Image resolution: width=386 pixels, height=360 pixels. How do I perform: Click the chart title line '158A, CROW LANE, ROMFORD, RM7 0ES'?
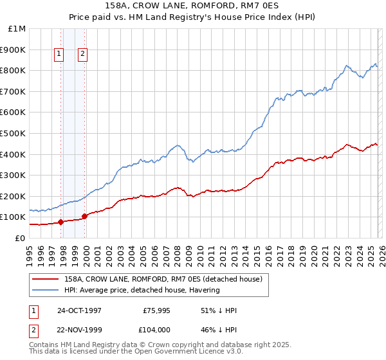point(193,6)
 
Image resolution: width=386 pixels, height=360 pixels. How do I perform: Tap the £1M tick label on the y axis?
point(17,29)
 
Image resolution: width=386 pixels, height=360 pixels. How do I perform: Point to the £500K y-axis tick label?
point(14,133)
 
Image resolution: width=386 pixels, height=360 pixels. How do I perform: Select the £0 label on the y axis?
point(19,238)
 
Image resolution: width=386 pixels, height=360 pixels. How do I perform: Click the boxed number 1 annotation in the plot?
point(59,55)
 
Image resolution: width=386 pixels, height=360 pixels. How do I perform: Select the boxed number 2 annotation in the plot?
point(84,55)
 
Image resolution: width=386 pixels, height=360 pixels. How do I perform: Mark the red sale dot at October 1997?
point(61,222)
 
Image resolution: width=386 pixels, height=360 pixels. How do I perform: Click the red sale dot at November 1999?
point(85,216)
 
